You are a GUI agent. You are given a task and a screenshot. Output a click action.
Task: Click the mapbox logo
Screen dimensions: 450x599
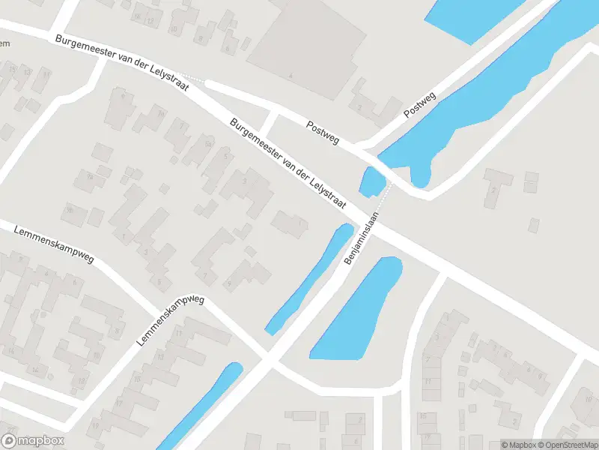pyautogui.click(x=33, y=441)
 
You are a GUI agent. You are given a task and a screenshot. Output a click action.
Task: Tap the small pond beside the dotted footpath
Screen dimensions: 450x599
pyautogui.click(x=372, y=182)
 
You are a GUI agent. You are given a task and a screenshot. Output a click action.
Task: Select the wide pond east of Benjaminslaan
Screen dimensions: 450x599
pyautogui.click(x=357, y=309)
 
